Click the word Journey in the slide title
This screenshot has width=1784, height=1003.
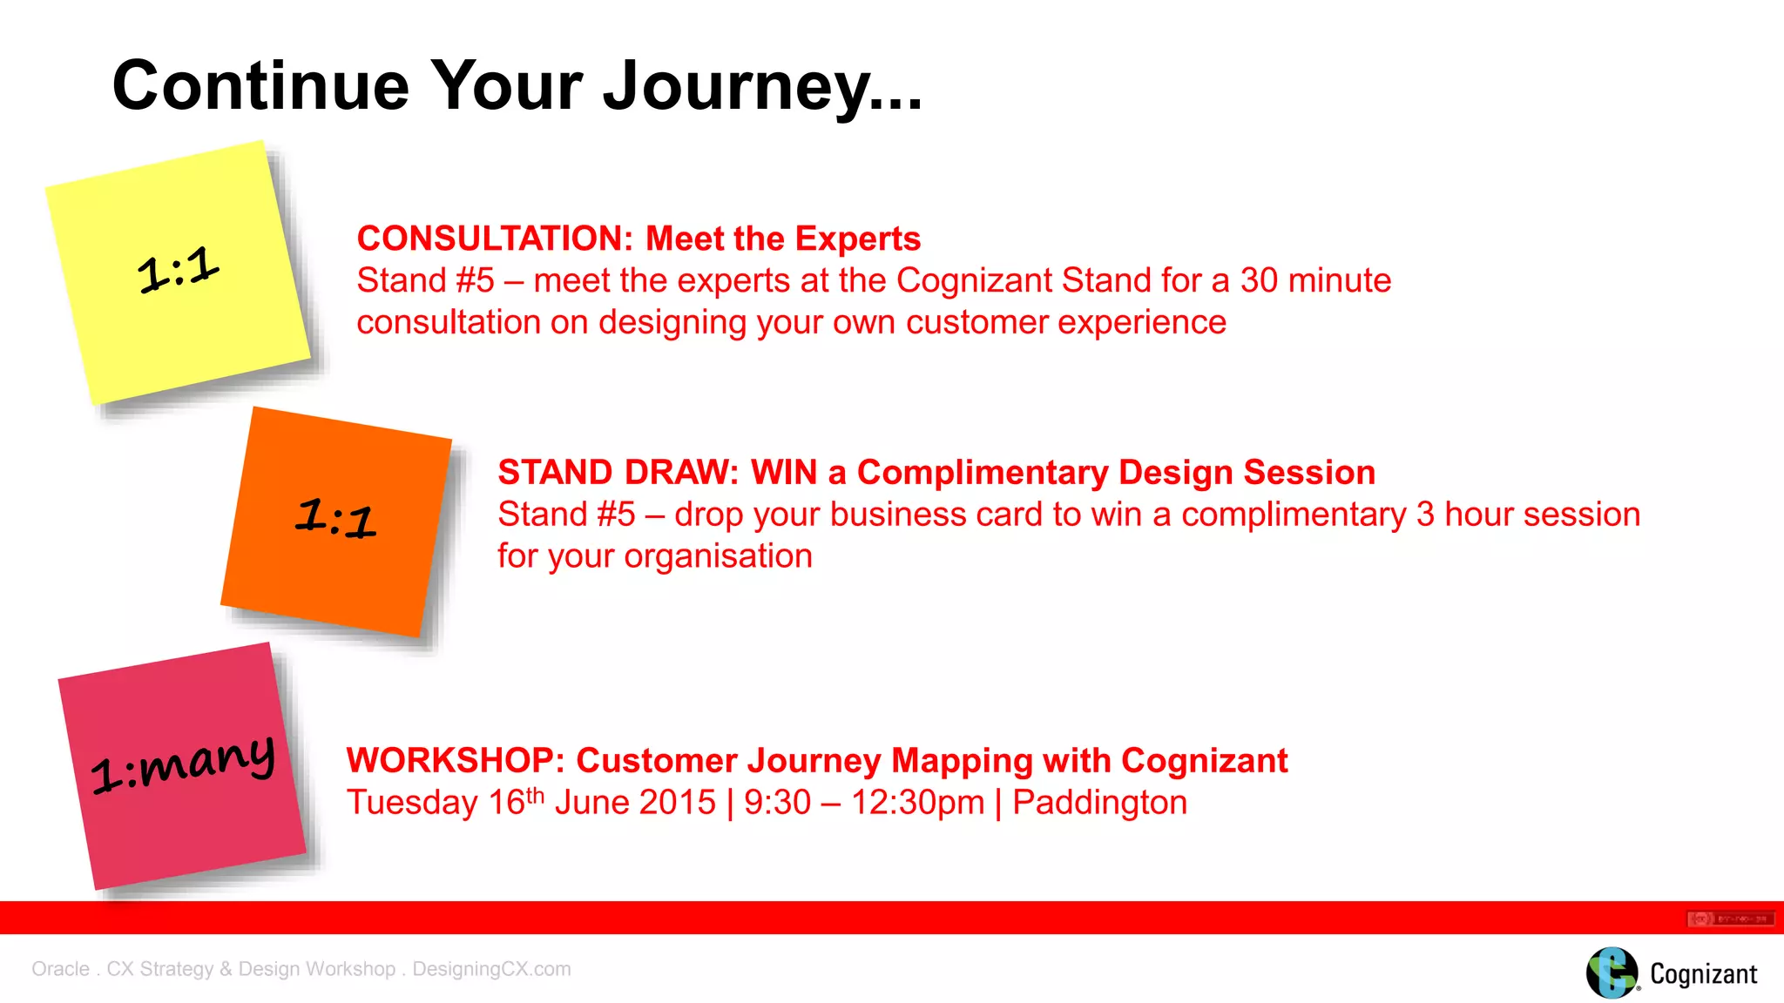coord(738,87)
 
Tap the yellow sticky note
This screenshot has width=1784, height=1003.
coord(179,272)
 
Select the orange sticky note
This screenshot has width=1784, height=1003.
coord(336,521)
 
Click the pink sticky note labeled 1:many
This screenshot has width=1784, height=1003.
coord(182,766)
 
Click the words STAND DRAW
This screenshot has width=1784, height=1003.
coord(618,473)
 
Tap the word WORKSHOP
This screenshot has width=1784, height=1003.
coord(456,761)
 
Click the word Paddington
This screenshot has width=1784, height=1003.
coord(1099,803)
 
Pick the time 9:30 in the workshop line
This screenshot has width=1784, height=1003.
coord(777,803)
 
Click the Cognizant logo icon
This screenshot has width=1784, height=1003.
coord(1611,973)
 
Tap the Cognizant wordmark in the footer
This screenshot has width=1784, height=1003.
coord(1703,974)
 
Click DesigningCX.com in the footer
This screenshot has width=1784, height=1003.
coord(491,969)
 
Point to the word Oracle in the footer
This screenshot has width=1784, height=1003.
coord(60,969)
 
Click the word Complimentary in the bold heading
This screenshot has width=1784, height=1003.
coord(982,473)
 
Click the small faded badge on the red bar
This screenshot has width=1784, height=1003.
coord(1730,919)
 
